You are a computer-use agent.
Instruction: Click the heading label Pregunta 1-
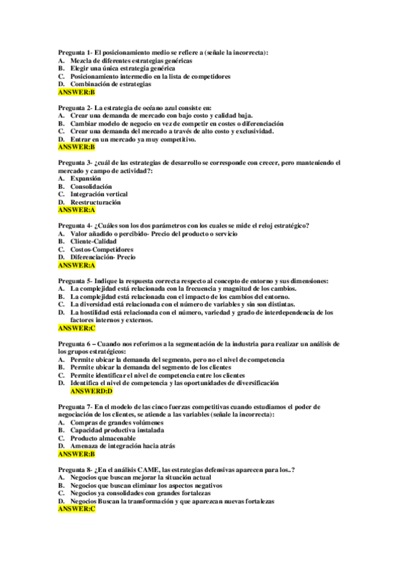[74, 52]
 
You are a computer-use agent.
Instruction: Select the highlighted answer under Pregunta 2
[76, 147]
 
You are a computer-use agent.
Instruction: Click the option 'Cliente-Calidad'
[94, 241]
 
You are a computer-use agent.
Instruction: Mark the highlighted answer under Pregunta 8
[76, 509]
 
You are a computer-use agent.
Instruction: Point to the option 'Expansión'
[86, 179]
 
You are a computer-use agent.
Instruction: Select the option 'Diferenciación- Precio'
[103, 257]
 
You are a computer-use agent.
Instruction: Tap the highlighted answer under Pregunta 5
[76, 328]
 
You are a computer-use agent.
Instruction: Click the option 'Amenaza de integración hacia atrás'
[123, 446]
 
